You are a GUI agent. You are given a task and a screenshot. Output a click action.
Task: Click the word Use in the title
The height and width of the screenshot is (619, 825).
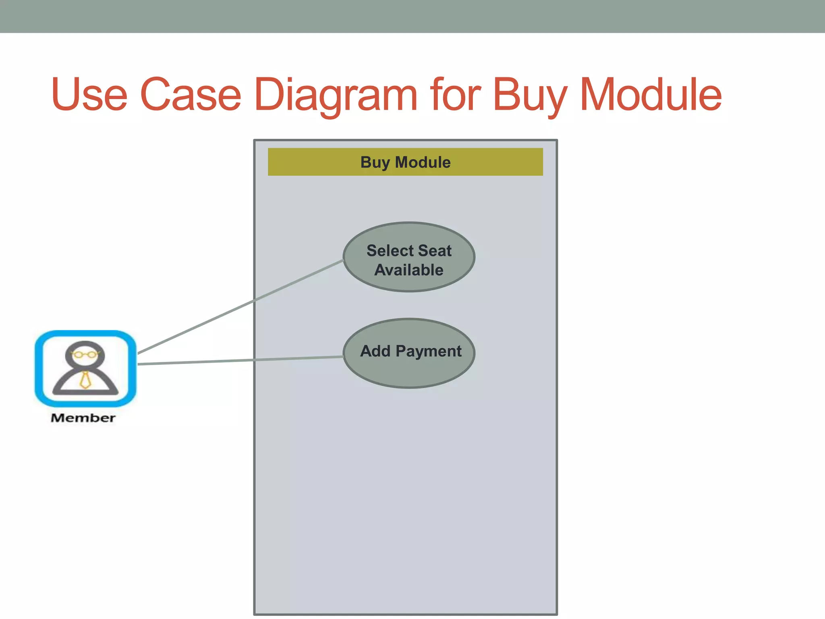click(x=89, y=95)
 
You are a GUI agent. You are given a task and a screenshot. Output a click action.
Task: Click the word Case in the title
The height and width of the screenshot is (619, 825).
click(x=191, y=95)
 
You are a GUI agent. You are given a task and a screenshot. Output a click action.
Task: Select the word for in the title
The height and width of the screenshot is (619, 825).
click(x=455, y=95)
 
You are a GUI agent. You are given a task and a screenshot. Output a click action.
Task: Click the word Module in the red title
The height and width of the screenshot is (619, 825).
click(x=650, y=95)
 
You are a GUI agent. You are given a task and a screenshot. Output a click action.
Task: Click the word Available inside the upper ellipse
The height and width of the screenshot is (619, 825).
click(x=408, y=270)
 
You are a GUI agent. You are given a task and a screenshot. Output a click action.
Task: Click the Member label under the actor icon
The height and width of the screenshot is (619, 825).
click(x=83, y=418)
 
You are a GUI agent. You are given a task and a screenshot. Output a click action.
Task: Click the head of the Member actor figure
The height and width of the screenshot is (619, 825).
click(x=85, y=351)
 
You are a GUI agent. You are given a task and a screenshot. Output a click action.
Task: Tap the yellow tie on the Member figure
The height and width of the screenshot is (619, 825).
click(x=85, y=380)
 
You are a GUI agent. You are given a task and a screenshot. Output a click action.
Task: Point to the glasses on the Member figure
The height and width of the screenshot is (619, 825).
click(x=85, y=355)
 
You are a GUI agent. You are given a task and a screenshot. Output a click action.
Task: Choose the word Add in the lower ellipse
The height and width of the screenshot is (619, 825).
click(x=375, y=351)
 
